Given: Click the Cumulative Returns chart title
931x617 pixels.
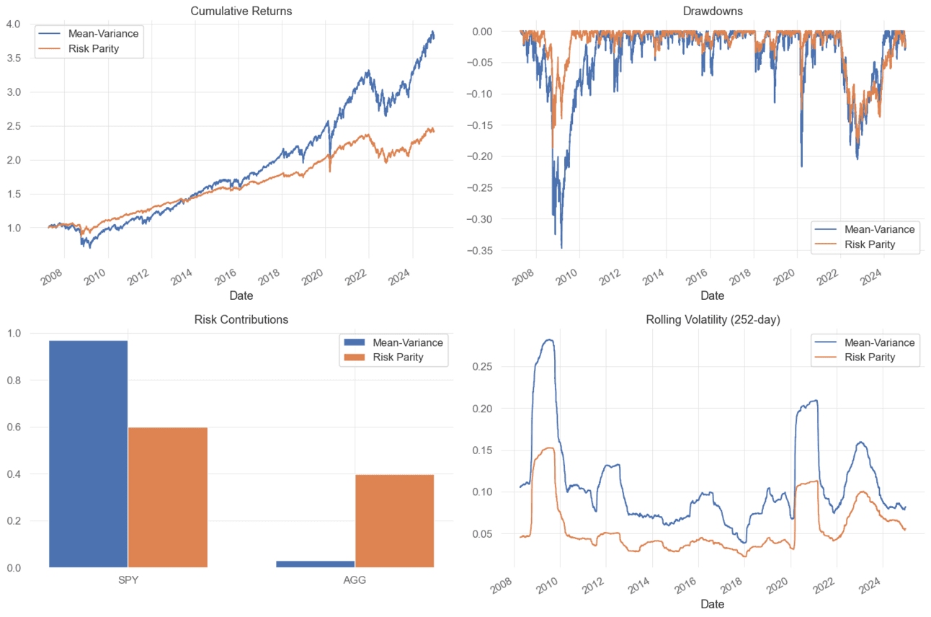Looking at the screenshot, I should coord(241,11).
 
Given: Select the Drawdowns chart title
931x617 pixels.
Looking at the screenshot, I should coord(712,11).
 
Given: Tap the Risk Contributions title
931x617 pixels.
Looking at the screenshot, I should coord(241,319).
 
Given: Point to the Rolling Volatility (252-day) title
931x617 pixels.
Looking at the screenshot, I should coord(712,319).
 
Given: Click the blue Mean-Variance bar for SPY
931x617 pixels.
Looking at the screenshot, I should coord(88,453).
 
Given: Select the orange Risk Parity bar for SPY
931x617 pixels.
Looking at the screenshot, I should coord(167,497).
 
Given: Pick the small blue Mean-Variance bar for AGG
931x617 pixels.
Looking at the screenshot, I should coord(315,564).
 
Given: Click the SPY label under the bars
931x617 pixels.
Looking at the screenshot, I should coord(128,580).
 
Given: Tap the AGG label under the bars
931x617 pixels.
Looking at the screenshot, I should coord(355,580).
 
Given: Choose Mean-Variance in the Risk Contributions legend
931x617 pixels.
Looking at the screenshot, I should coord(407,342).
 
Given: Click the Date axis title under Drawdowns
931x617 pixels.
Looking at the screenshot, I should coord(712,296).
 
